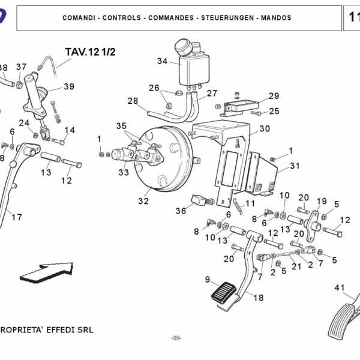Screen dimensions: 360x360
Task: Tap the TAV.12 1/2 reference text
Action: tap(90, 52)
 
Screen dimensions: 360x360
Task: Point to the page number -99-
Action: tap(176, 338)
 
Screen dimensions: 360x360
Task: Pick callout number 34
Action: tap(162, 61)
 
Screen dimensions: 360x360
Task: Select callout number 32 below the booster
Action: tap(143, 201)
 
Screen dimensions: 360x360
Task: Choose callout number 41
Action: tap(340, 288)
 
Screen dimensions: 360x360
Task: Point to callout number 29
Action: tap(274, 96)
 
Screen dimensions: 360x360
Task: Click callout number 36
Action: tap(181, 211)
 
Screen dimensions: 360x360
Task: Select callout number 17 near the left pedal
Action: tap(16, 217)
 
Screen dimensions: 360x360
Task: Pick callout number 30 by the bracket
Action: tap(264, 128)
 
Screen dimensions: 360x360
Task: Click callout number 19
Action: tap(321, 201)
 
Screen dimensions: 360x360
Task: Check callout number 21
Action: tap(296, 266)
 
